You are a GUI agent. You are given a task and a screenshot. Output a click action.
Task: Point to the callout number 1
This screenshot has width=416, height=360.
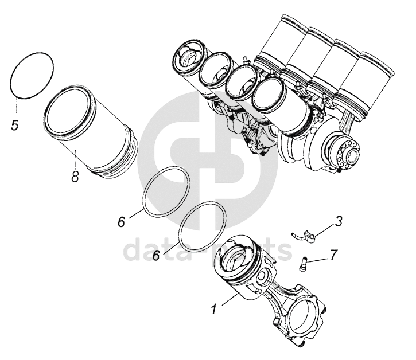pos(213,311)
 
